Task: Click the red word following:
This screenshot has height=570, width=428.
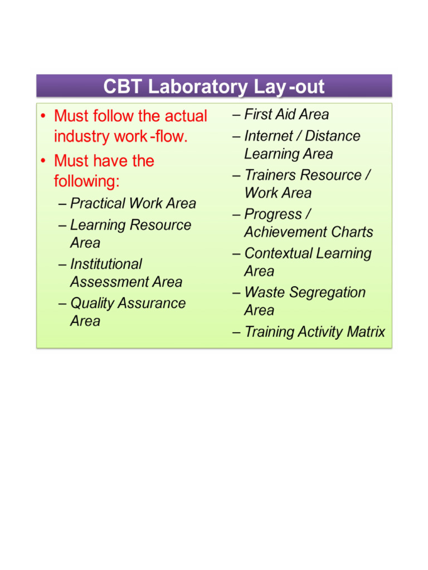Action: (87, 181)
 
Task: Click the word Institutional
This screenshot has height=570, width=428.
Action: (106, 264)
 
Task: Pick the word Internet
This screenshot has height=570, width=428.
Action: (269, 136)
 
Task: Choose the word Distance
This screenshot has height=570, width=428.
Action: (333, 136)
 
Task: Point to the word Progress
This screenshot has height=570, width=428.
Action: (272, 214)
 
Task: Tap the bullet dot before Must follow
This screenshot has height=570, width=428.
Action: (43, 117)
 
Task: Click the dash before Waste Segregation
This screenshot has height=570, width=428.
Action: (236, 293)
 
